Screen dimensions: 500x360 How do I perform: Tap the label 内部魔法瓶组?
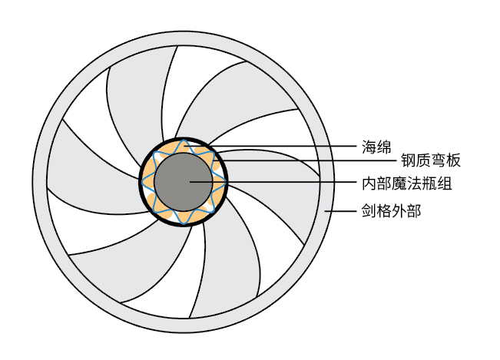[x=406, y=184]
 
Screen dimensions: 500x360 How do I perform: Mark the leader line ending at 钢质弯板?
[x=307, y=160]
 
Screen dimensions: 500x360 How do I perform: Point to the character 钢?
[x=407, y=160]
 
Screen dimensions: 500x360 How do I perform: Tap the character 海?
[x=369, y=146]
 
